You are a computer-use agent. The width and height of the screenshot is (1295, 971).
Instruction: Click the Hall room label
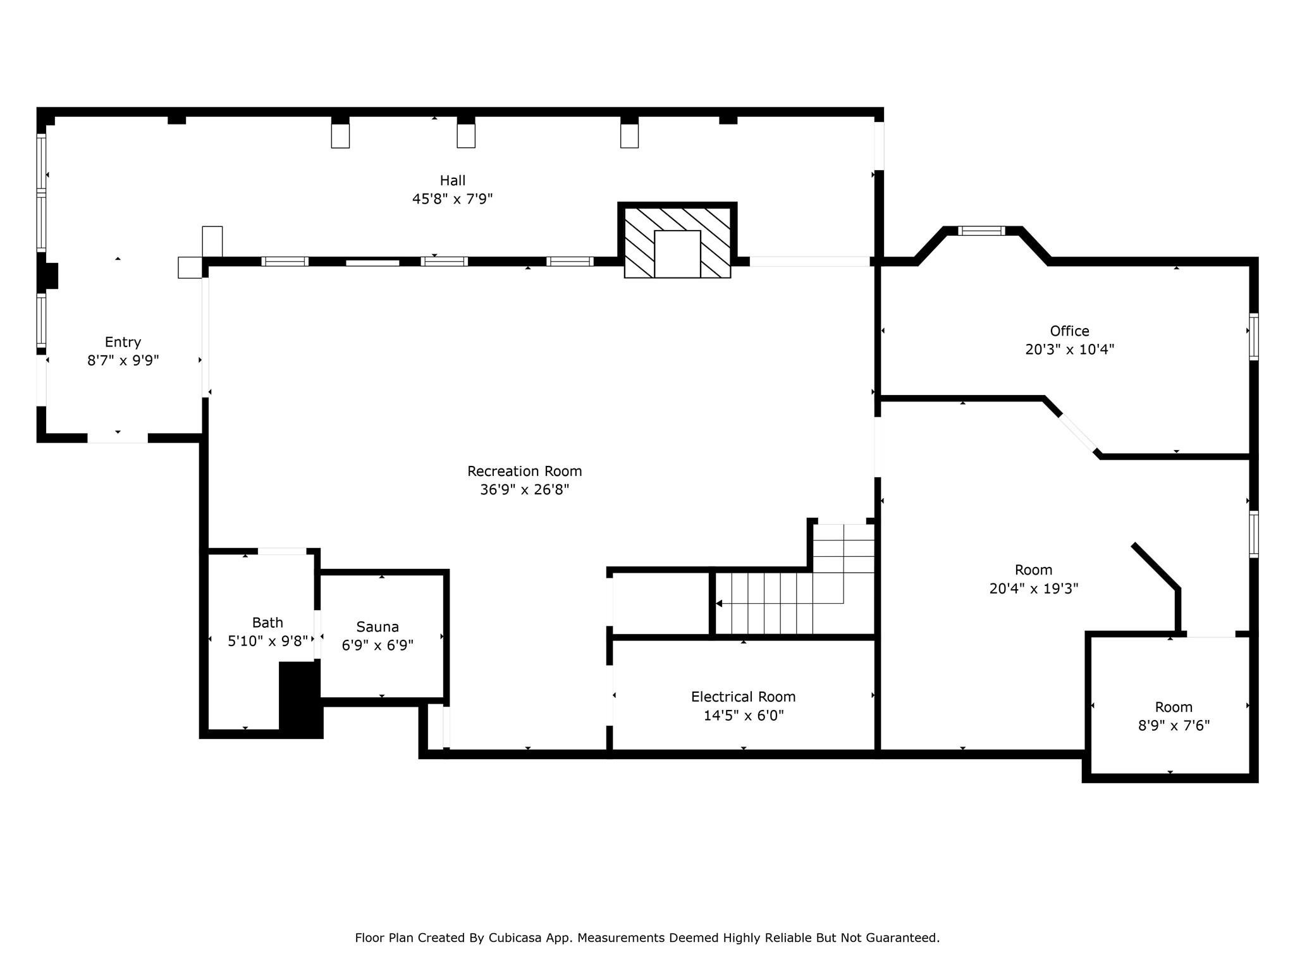[x=453, y=181]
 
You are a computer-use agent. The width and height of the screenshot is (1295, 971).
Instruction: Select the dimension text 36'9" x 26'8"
[x=524, y=490]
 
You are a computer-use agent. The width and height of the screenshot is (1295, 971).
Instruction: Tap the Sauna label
[x=377, y=627]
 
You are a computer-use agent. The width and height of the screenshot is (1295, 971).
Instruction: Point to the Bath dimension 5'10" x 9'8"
[x=267, y=641]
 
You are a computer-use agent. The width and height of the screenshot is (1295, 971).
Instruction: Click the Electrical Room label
[x=743, y=697]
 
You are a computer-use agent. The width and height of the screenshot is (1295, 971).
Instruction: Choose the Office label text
[x=1069, y=331]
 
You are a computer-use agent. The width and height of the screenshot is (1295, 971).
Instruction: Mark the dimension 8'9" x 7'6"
[x=1174, y=726]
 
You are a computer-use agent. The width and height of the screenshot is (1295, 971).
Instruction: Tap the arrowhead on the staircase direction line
[x=719, y=604]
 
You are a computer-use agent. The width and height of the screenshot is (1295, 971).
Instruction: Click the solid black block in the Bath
[x=300, y=699]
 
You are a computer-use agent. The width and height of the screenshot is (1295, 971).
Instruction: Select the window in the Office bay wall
[x=981, y=231]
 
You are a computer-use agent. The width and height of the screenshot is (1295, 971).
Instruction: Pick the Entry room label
[x=123, y=342]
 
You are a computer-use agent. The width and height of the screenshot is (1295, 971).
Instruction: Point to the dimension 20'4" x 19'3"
[x=1033, y=589]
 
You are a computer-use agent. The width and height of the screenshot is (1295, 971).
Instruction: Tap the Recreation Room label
[x=524, y=471]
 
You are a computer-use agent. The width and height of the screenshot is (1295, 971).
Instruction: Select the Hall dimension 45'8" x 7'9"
[x=453, y=199]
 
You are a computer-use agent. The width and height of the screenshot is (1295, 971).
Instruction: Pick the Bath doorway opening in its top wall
[x=282, y=551]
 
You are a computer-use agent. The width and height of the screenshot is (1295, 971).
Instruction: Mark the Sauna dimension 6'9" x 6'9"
[x=377, y=645]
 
